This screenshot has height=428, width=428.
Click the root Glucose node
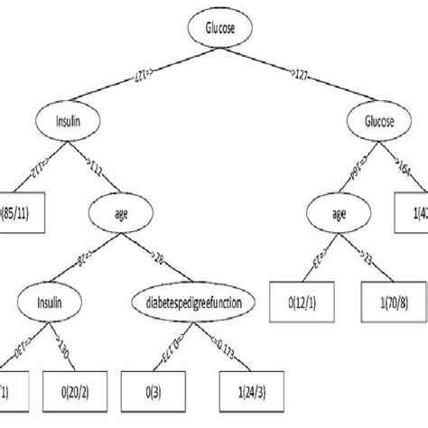(215, 28)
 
